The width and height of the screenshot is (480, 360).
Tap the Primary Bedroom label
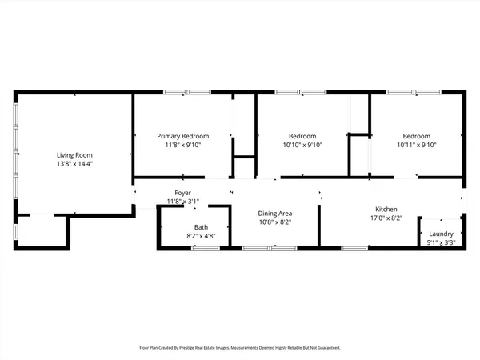click(x=182, y=136)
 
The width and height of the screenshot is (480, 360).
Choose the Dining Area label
click(x=274, y=214)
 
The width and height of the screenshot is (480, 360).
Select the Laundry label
click(x=441, y=234)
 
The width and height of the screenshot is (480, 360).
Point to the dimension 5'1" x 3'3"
click(x=441, y=242)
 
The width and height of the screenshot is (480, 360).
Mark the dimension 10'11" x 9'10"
click(x=416, y=146)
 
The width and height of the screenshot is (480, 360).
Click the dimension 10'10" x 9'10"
click(x=302, y=146)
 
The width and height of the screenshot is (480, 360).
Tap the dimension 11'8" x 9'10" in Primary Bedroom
click(x=182, y=146)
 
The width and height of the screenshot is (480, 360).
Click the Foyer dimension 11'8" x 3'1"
click(x=182, y=201)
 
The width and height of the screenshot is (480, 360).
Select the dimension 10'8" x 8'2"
click(x=274, y=223)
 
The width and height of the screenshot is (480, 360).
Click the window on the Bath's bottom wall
click(x=206, y=249)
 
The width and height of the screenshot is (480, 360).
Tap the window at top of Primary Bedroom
click(x=182, y=93)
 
